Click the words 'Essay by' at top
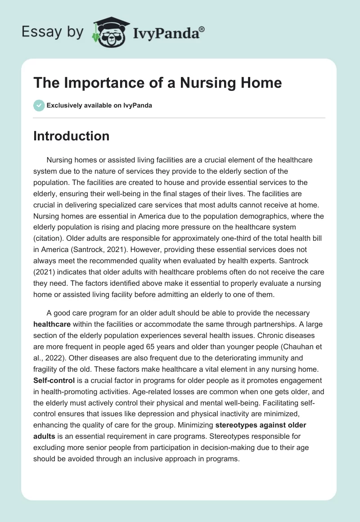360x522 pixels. (52, 32)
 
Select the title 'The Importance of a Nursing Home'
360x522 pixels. (157, 83)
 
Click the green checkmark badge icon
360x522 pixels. (39, 105)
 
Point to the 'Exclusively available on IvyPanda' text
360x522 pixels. (99, 105)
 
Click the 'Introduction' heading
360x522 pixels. (71, 136)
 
